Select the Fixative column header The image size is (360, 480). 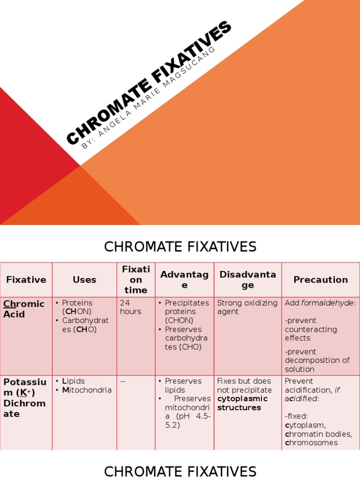[x=26, y=280]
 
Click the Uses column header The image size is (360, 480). [x=84, y=280]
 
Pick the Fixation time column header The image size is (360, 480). [x=136, y=280]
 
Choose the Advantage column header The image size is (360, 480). [x=185, y=280]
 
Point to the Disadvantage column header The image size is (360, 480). [x=247, y=280]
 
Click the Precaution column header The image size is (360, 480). [x=321, y=280]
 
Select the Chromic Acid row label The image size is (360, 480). [x=24, y=309]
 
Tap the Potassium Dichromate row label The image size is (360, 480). [x=25, y=397]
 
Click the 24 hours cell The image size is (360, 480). [x=131, y=307]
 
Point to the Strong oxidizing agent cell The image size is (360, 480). [x=247, y=307]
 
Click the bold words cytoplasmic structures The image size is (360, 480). [x=242, y=403]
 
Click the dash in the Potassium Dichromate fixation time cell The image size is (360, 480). [x=123, y=381]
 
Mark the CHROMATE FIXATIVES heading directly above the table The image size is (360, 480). [x=180, y=247]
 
